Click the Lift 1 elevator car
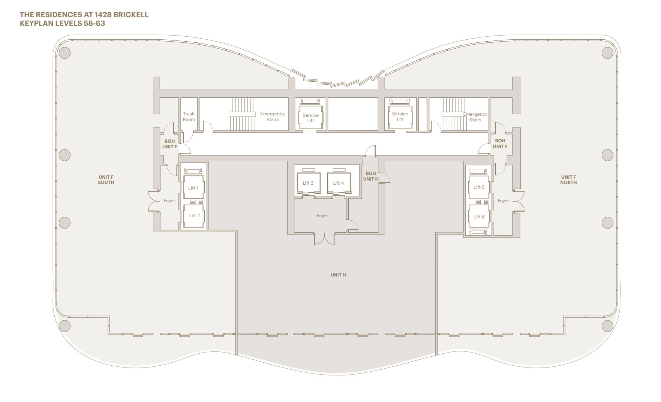pos(193,188)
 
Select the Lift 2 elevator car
pos(194,216)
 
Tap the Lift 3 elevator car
pos(308,183)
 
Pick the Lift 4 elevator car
pos(339,183)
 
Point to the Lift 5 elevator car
pos(479,187)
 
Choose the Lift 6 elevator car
pos(479,217)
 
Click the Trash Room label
pos(189,117)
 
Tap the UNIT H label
pos(338,275)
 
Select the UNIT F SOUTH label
pos(106,180)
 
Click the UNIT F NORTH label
pos(568,180)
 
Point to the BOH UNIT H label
pos(370,176)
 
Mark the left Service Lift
pos(310,118)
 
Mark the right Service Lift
pos(400,117)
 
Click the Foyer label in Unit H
pos(322,216)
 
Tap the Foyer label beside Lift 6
pos(503,201)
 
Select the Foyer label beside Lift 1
pos(169,201)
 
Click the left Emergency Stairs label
pos(272,117)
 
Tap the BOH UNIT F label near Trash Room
pos(169,144)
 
